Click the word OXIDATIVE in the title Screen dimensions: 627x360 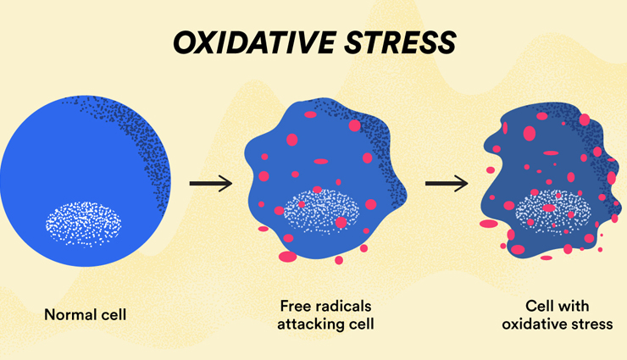click(x=255, y=42)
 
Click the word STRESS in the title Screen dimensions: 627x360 click(x=400, y=42)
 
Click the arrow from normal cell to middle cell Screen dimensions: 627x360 click(x=211, y=184)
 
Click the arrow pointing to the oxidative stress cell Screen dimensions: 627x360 click(x=447, y=184)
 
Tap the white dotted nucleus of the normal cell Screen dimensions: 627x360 click(x=84, y=224)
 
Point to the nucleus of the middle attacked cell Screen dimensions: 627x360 click(x=321, y=212)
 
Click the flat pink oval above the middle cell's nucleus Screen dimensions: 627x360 click(x=320, y=162)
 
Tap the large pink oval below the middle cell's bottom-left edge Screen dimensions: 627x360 click(x=287, y=257)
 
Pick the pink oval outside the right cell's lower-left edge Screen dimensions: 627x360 click(x=489, y=224)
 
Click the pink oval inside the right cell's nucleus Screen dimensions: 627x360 click(x=549, y=208)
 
